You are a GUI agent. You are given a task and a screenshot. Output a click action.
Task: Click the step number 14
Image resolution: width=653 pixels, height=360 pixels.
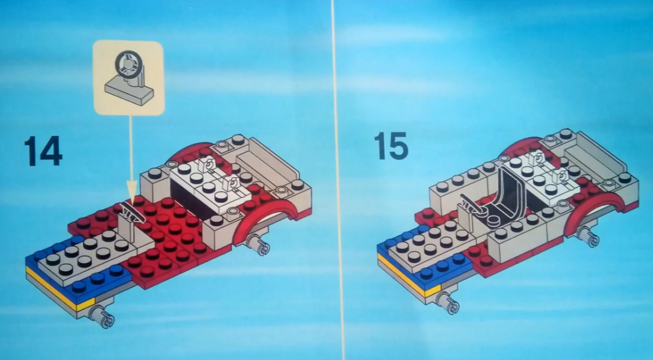pyautogui.click(x=43, y=150)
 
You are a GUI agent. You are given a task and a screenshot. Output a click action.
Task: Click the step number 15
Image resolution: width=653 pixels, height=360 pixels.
pyautogui.click(x=391, y=145)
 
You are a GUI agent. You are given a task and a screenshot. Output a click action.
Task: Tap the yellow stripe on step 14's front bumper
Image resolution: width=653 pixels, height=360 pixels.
pyautogui.click(x=60, y=291)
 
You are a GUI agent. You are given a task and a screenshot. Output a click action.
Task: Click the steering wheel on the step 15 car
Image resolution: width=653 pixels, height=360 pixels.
pyautogui.click(x=471, y=203)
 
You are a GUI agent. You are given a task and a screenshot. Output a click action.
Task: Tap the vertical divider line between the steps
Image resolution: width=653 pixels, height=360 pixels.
pyautogui.click(x=338, y=180)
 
